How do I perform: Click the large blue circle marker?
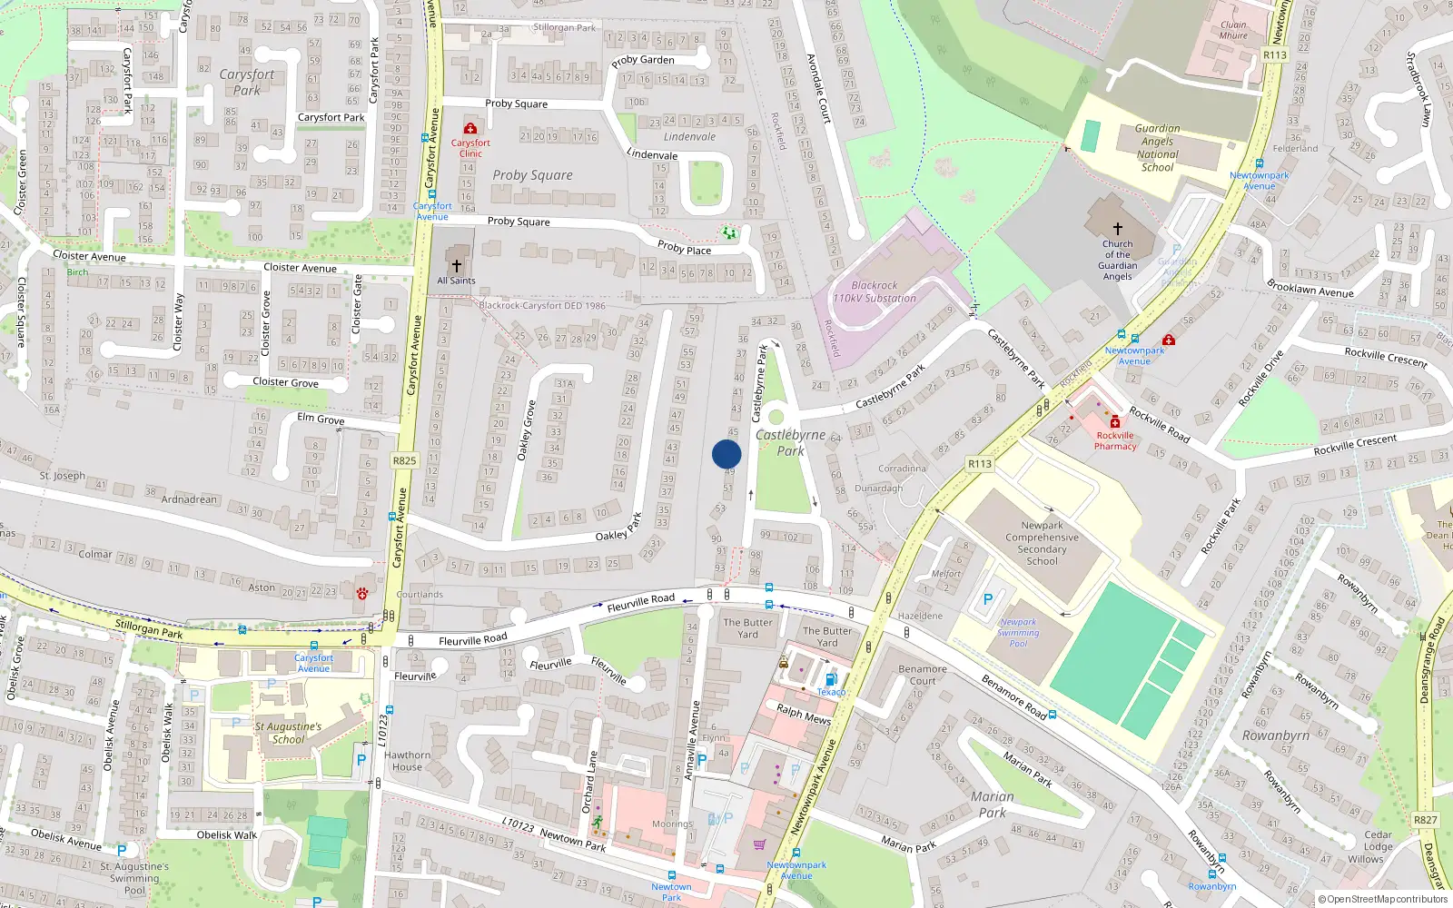point(726,454)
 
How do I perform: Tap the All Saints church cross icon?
point(457,266)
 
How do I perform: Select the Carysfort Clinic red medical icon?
point(470,129)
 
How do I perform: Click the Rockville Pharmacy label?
point(1115,440)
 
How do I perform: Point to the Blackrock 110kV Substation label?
point(875,291)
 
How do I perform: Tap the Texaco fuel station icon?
point(830,679)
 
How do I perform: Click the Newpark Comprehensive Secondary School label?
point(1042,543)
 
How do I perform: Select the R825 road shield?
point(404,460)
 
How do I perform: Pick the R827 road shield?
point(1425,820)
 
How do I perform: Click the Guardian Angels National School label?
point(1157,148)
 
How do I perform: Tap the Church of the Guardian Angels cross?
point(1118,229)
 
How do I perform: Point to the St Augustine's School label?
point(288,733)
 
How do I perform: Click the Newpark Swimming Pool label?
point(1018,633)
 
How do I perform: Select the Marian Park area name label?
point(992,804)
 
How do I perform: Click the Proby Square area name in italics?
point(532,175)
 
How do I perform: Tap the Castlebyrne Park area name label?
point(790,442)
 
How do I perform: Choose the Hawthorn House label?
point(407,761)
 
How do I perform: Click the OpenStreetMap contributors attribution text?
point(1382,899)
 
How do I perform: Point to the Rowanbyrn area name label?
point(1275,735)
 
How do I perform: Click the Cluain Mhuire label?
point(1233,30)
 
